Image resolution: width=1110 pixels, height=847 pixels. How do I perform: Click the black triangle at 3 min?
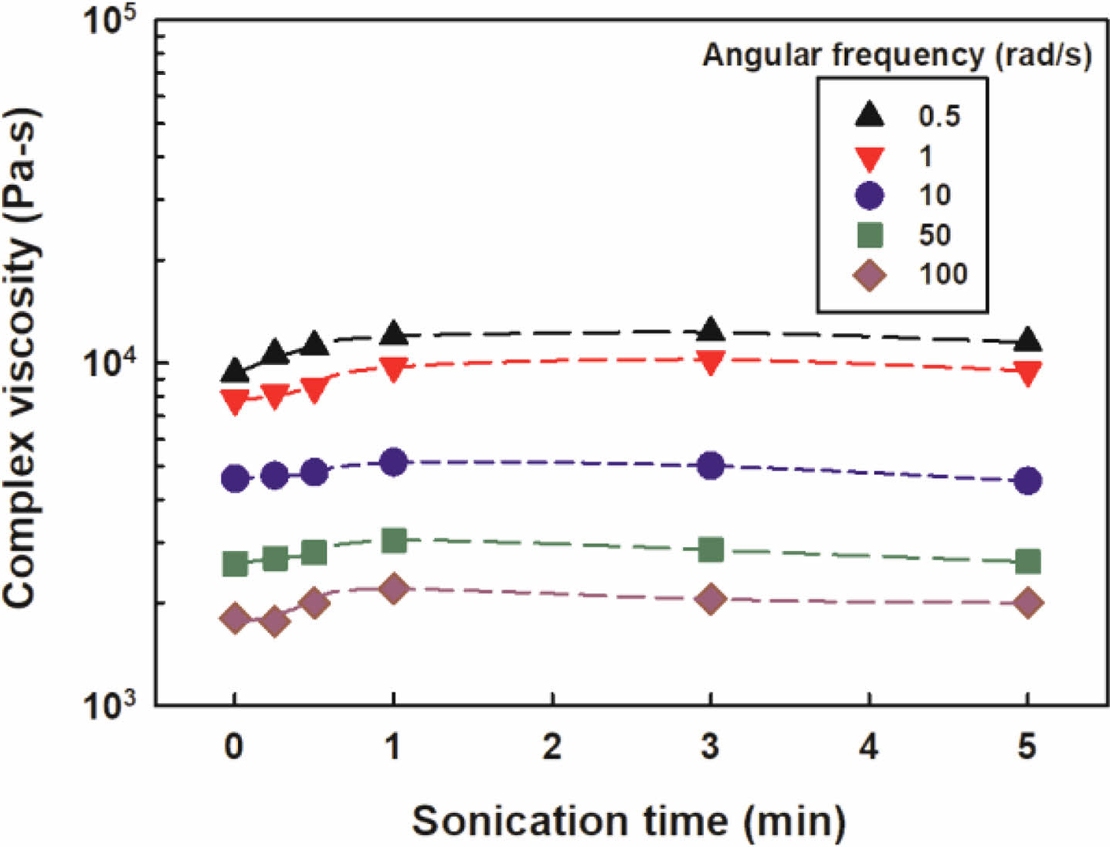tap(711, 330)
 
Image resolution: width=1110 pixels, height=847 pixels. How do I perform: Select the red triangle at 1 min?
tap(394, 369)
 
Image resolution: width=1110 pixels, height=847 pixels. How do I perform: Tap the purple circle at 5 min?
tap(1027, 481)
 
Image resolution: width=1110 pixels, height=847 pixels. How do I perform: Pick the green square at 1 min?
tap(394, 540)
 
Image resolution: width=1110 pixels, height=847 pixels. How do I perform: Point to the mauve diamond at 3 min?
tap(711, 599)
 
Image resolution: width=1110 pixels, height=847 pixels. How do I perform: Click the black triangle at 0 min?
tap(235, 372)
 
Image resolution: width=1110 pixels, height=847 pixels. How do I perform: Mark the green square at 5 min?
tap(1027, 561)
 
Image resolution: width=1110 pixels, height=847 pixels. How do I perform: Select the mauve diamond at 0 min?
tap(235, 618)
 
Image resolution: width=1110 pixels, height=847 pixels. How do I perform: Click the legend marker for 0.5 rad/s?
tap(870, 115)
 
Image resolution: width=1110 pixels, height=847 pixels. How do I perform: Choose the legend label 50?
tap(935, 235)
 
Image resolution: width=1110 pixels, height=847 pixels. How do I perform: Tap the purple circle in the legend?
tap(870, 195)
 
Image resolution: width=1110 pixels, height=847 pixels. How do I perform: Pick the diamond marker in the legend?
tap(870, 274)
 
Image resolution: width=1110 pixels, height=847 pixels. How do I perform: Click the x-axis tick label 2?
tap(552, 747)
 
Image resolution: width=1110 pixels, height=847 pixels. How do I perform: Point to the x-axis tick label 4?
tap(869, 747)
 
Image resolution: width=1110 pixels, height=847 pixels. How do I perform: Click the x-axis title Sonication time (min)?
tap(628, 821)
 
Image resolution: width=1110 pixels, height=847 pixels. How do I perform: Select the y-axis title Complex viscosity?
tap(22, 359)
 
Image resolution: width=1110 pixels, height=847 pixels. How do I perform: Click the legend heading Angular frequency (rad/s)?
tap(897, 55)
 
